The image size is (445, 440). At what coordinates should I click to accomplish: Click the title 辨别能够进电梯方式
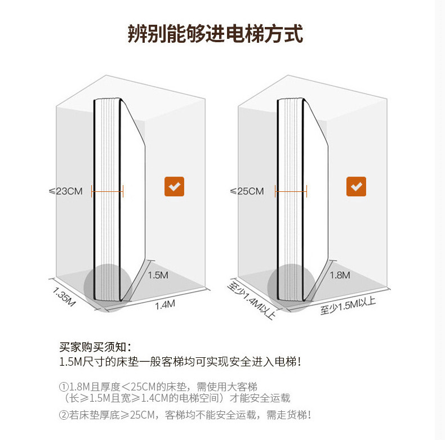[215, 34]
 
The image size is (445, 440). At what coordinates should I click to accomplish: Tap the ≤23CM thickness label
[66, 191]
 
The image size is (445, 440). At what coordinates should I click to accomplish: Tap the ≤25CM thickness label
[247, 191]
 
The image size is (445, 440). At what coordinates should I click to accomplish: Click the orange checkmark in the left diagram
[174, 187]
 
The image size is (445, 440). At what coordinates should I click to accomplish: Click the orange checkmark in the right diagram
[356, 187]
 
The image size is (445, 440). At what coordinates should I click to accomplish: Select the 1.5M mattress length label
[158, 276]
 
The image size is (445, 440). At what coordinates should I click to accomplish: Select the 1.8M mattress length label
[340, 275]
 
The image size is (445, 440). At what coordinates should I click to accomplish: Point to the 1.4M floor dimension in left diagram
[165, 305]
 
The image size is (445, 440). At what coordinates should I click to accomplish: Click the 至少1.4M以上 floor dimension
[251, 300]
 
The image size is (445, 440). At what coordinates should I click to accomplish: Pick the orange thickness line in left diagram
[107, 192]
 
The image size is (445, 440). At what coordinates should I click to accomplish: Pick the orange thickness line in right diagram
[291, 192]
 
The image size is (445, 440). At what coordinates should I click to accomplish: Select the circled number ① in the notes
[64, 387]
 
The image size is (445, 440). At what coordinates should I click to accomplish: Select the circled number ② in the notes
[64, 415]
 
